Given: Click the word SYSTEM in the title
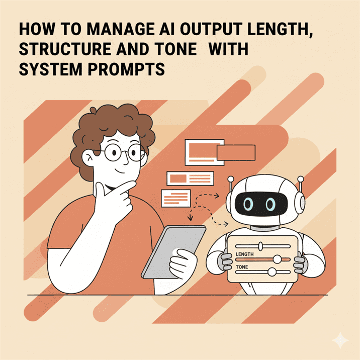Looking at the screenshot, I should tap(46, 69).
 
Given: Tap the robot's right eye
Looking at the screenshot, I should tap(271, 204).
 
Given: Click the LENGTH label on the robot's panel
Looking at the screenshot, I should tap(245, 255).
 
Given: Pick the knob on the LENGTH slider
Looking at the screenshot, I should tap(276, 259).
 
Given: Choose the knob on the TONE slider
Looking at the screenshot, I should tap(272, 272).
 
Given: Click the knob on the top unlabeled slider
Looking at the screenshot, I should tap(260, 247).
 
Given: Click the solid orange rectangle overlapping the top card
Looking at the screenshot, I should tap(235, 152).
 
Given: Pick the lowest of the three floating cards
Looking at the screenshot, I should tap(175, 197).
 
